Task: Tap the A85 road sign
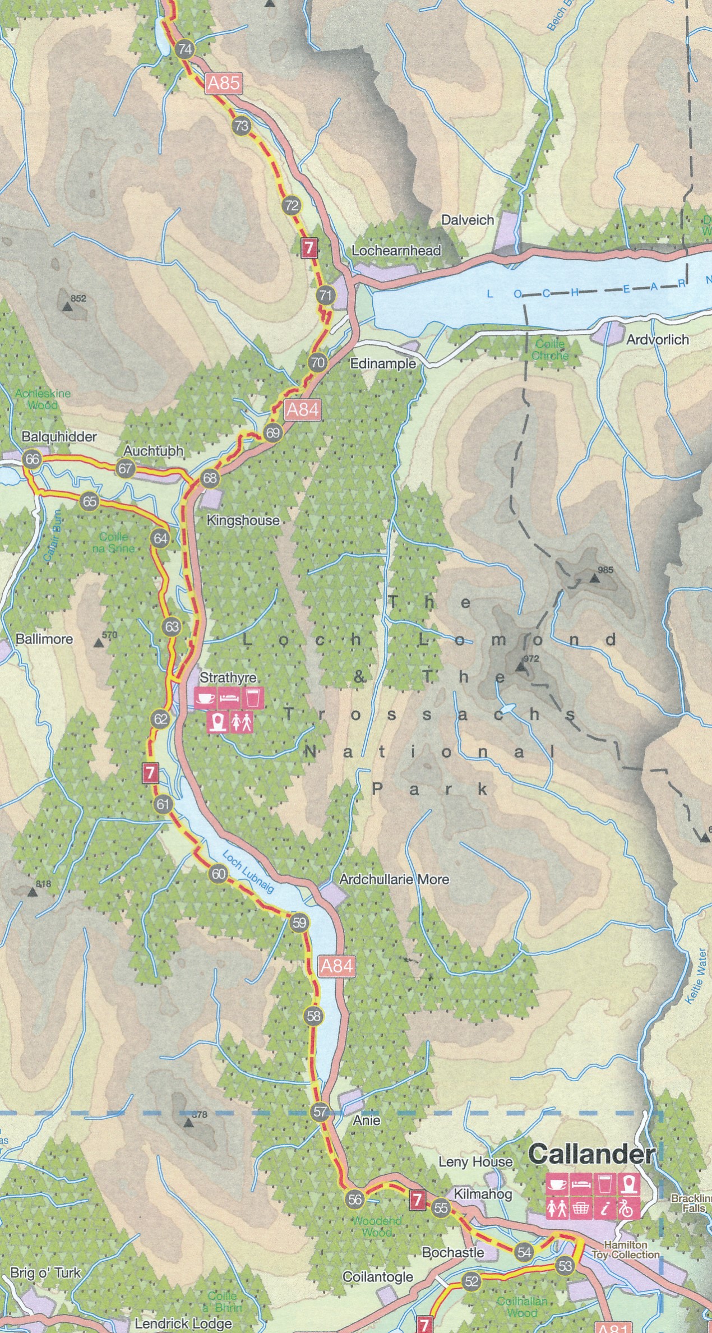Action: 223,83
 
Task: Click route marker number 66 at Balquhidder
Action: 33,459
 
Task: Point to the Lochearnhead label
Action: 396,251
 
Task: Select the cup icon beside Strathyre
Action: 206,699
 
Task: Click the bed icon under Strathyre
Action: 229,699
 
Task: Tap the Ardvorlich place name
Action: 658,339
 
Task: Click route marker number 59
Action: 299,923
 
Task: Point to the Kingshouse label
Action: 243,520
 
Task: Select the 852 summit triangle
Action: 68,306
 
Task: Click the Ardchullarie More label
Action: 395,879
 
